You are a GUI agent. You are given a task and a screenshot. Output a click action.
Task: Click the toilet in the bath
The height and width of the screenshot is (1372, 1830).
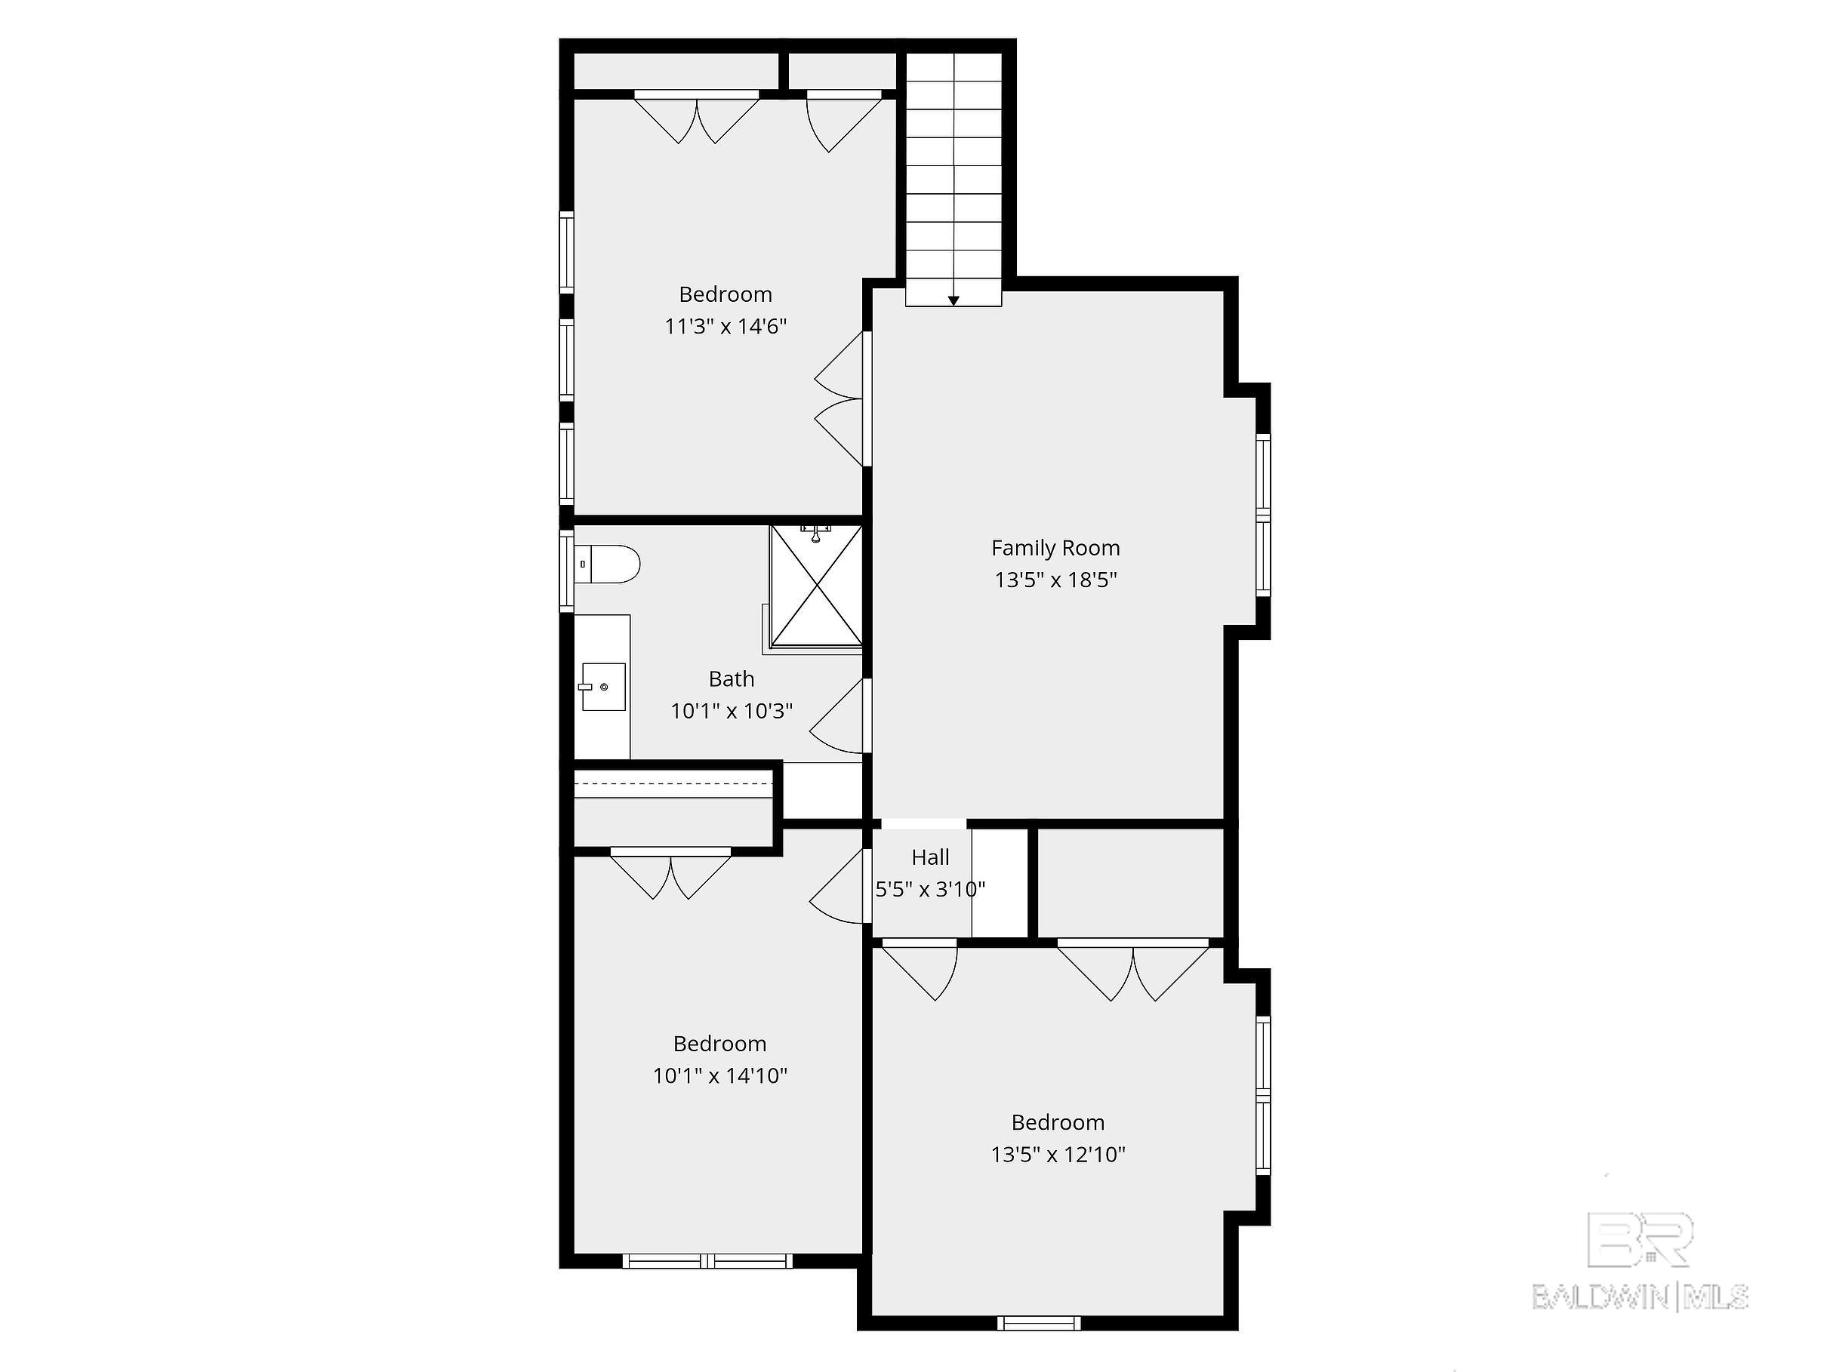click(608, 564)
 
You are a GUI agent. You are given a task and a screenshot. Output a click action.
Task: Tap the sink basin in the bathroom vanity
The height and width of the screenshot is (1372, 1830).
click(603, 687)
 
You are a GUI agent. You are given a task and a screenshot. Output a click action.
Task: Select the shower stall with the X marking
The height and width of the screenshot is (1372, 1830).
click(815, 586)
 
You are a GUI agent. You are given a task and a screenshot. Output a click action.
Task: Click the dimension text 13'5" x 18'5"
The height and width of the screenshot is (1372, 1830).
click(1055, 580)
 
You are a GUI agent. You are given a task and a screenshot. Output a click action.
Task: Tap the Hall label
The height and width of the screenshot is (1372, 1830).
click(930, 857)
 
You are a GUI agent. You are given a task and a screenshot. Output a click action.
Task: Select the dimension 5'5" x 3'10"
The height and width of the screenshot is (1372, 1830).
click(930, 889)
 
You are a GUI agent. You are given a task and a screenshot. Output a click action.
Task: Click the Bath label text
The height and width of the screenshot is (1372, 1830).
click(732, 679)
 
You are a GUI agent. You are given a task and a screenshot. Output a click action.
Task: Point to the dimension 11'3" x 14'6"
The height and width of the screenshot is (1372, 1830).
click(726, 326)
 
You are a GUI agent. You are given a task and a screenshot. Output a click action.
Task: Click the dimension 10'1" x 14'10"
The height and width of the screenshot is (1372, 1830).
click(719, 1075)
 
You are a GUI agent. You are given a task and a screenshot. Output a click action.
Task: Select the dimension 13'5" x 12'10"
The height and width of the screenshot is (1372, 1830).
click(1058, 1154)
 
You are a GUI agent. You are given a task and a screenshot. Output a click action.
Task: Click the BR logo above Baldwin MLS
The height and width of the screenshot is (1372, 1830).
click(1640, 1240)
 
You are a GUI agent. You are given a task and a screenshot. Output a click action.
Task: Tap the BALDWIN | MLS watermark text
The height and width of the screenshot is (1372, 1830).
click(1640, 1296)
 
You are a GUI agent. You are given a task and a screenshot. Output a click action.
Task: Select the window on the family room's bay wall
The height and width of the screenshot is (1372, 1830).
click(1262, 515)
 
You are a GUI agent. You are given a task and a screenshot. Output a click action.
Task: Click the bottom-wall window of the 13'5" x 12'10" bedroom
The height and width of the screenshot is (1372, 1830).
click(1038, 1323)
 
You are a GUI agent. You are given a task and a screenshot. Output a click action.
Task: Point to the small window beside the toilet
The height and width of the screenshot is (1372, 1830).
click(567, 571)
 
